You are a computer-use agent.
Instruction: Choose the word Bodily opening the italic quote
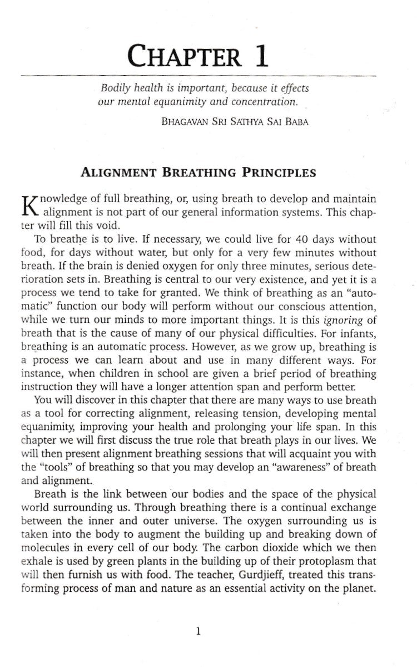click(x=115, y=88)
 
